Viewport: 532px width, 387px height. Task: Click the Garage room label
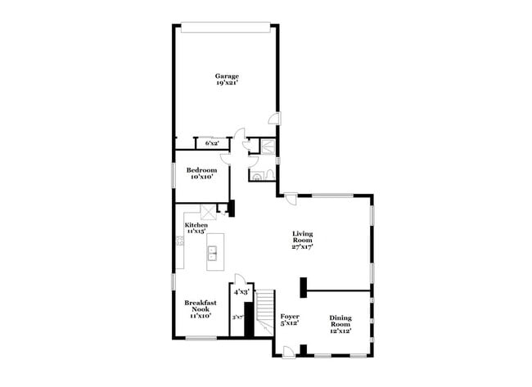pos(227,76)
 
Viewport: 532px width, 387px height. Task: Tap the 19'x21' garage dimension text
pos(227,83)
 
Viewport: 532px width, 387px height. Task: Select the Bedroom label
pos(201,169)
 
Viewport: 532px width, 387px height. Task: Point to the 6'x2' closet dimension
pos(212,143)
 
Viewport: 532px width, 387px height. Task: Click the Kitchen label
pos(196,224)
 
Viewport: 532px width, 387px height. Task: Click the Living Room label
pos(303,237)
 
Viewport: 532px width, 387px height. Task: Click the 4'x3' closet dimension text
pos(241,291)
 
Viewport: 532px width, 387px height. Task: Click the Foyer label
pos(290,316)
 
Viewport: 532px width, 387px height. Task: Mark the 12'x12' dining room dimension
pos(340,332)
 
